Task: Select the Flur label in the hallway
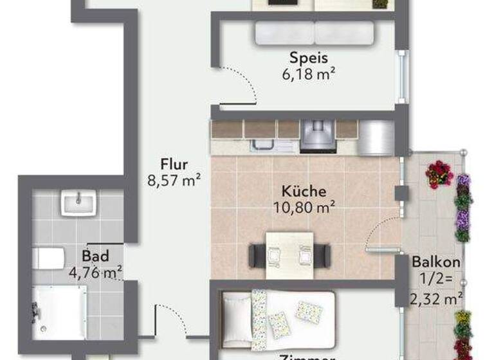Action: (174, 165)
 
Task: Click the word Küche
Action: (304, 191)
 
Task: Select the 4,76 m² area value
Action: (95, 273)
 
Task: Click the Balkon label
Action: (435, 262)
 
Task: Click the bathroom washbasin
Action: (78, 203)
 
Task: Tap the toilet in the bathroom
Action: (46, 258)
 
